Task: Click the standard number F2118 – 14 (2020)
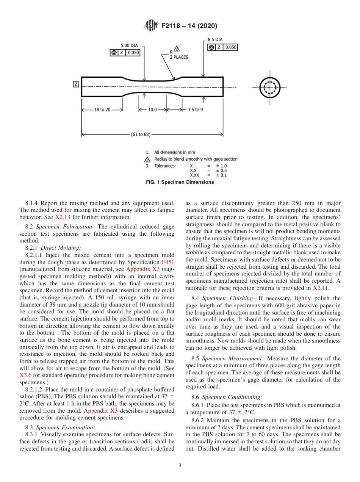tap(189, 26)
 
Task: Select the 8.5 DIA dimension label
tap(215, 39)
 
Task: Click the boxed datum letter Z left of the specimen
tap(76, 84)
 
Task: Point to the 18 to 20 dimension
tap(102, 110)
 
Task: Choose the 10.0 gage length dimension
tap(152, 110)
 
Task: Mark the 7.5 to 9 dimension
tap(195, 110)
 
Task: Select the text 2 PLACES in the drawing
tap(179, 57)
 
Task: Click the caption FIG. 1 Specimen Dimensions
tap(180, 182)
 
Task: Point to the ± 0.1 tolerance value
tap(221, 175)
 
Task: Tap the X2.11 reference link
tap(320, 288)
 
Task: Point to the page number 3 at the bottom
tap(180, 466)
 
